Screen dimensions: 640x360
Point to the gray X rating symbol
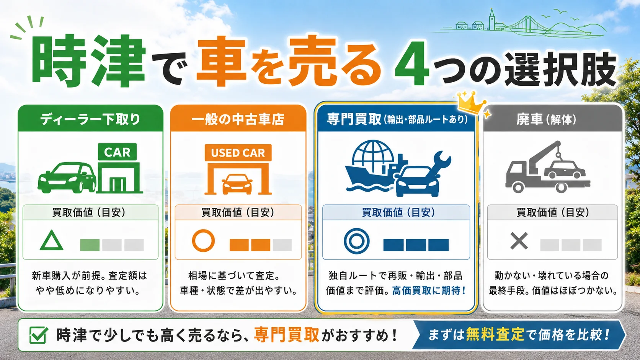click(519, 241)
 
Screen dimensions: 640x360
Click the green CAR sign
click(117, 152)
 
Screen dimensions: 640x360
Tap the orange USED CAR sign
click(238, 153)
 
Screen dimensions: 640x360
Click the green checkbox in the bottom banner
click(38, 335)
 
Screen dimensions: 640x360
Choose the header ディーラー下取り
click(90, 119)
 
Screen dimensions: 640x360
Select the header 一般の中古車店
click(238, 119)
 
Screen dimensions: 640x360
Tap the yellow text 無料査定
click(495, 335)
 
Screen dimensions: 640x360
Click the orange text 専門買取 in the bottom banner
click(287, 335)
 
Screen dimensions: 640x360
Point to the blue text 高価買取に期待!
click(429, 291)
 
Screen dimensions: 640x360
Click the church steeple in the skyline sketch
click(492, 19)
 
